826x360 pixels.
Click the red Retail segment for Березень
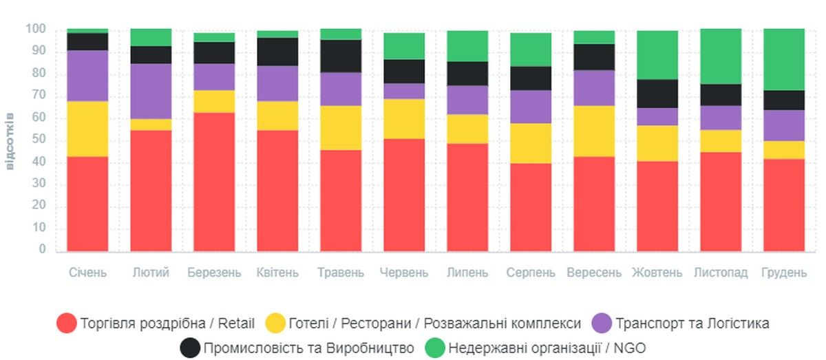[x=214, y=182]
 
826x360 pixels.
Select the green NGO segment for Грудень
[x=784, y=59]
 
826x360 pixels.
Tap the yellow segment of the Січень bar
[x=87, y=129]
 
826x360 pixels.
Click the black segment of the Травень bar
[x=341, y=56]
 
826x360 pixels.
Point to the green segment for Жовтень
[x=657, y=55]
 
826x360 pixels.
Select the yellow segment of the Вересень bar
[x=594, y=131]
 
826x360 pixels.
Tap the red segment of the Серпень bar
[x=531, y=207]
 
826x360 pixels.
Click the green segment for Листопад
[x=721, y=56]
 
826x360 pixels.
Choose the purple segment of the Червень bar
[x=404, y=91]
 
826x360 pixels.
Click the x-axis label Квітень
[x=277, y=273]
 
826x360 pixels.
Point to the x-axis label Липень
[x=467, y=273]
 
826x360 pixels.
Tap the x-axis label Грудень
[x=784, y=273]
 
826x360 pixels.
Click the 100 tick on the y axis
[x=35, y=30]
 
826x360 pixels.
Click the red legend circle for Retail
[x=67, y=324]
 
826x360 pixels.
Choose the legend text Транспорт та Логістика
[x=692, y=324]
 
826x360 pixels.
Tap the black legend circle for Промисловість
[x=190, y=348]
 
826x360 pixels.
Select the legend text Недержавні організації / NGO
[x=547, y=348]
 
